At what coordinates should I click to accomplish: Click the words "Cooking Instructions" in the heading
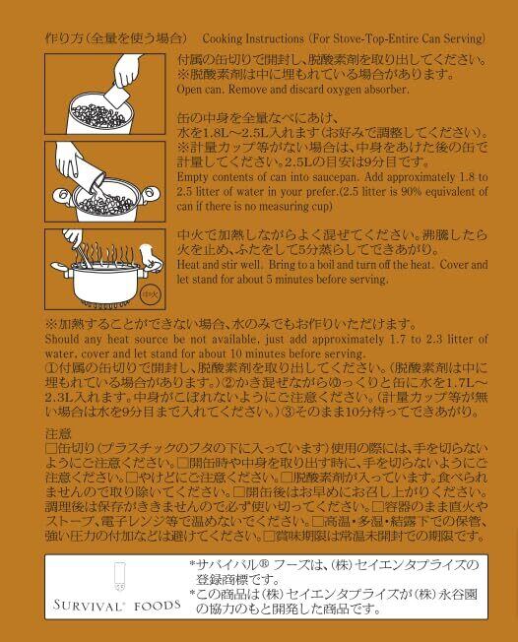click(x=253, y=39)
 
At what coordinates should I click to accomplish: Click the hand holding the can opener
click(x=128, y=71)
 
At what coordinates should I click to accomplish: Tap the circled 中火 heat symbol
click(x=151, y=294)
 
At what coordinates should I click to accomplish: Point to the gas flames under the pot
click(x=105, y=304)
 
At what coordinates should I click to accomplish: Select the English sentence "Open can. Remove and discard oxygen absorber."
click(x=292, y=90)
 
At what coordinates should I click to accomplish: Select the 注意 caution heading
click(x=58, y=433)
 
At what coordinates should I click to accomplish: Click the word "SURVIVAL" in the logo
click(x=88, y=606)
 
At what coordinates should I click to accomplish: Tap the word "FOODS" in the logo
click(x=158, y=606)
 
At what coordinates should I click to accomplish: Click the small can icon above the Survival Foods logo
click(x=119, y=576)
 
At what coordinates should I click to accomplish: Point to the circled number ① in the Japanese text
click(x=52, y=367)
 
